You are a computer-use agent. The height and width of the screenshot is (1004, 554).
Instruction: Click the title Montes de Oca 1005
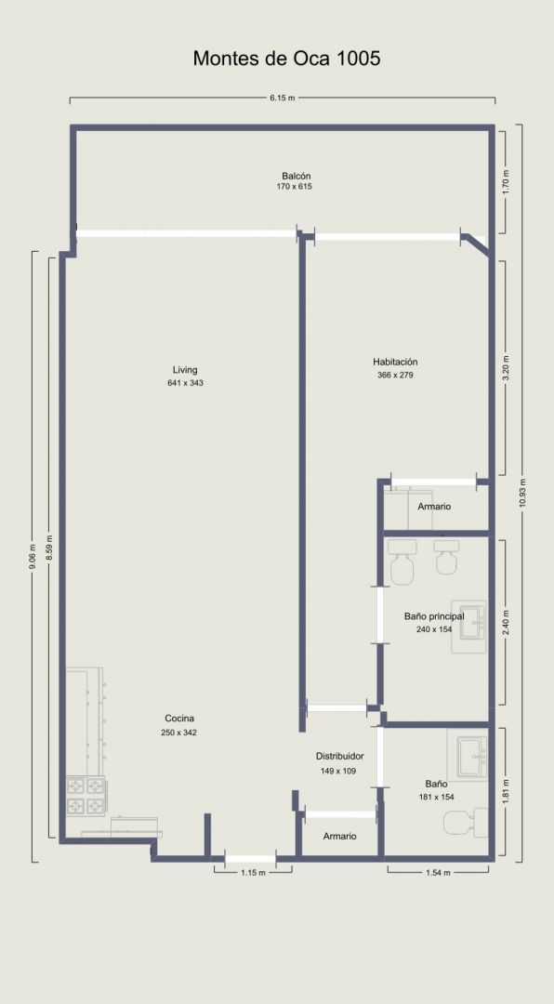[x=287, y=59]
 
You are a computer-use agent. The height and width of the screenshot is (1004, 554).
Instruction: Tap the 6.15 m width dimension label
[x=282, y=98]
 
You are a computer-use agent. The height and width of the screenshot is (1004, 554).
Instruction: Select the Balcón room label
[x=297, y=176]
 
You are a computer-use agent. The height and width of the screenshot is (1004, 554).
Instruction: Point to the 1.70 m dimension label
[x=506, y=182]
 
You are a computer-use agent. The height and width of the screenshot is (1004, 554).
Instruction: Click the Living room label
[x=185, y=369]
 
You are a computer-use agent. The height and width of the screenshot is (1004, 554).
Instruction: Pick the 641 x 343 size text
[x=185, y=384]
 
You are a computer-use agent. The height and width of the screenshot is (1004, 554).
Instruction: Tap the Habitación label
[x=395, y=362]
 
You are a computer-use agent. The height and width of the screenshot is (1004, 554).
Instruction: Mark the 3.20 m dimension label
[x=506, y=368]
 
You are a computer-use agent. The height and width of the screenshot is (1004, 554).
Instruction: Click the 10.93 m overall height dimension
[x=522, y=493]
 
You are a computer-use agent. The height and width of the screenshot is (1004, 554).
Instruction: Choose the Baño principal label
[x=434, y=616]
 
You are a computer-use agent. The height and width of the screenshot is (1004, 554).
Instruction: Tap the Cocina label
[x=179, y=719]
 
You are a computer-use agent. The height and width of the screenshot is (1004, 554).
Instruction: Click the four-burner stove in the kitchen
[x=86, y=796]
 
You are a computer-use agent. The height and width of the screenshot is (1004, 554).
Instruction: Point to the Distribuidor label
[x=339, y=756]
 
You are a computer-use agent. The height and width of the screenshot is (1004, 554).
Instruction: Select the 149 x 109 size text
[x=338, y=772]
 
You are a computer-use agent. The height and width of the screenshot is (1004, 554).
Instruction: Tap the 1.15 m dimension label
[x=253, y=872]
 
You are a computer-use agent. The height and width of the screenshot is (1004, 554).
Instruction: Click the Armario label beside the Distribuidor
[x=339, y=837]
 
